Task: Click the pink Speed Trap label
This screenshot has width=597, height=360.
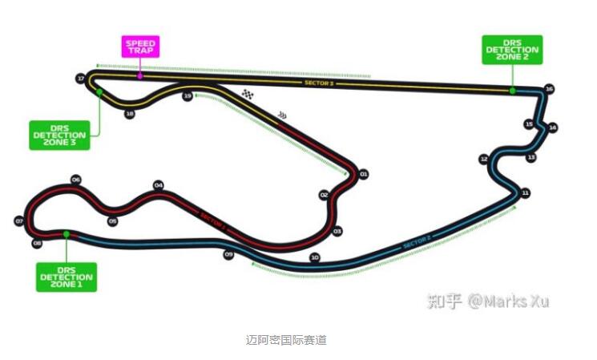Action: point(140,47)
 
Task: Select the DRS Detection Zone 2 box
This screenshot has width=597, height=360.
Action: point(512,50)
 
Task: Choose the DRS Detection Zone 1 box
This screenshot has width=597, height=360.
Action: point(67,277)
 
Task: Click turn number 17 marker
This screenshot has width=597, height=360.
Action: point(80,79)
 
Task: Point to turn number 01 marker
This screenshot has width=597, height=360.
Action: point(363,174)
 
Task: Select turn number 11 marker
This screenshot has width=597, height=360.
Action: point(525,193)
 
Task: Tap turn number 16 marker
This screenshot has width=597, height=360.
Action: point(549,89)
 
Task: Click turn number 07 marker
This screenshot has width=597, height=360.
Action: point(18,220)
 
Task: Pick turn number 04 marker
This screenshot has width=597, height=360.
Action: point(159,185)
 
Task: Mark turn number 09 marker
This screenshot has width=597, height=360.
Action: point(228,255)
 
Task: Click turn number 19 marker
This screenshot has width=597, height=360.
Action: point(188,96)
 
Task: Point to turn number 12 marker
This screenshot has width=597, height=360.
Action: point(483,159)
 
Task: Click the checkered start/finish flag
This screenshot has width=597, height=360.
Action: point(248,95)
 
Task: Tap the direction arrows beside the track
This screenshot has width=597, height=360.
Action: point(281,115)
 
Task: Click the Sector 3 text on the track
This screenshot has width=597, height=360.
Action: point(319,83)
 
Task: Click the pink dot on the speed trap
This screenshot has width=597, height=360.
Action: point(140,76)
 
